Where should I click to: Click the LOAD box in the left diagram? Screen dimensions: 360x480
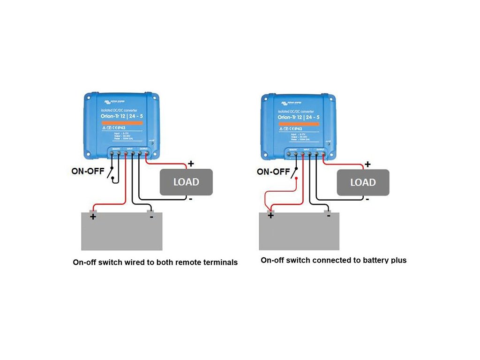click(186, 182)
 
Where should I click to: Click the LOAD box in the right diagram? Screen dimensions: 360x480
click(363, 182)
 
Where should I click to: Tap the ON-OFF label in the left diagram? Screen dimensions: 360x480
click(88, 171)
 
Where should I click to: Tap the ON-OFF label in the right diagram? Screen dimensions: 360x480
click(273, 172)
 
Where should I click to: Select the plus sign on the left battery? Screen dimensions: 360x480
click(93, 216)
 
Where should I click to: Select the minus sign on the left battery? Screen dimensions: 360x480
click(151, 216)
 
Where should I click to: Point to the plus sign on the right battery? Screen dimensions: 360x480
click(270, 216)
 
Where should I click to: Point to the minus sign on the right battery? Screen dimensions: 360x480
click(328, 216)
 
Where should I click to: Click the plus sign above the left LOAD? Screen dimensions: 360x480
click(191, 164)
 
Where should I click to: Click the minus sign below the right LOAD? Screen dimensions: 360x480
click(368, 199)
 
